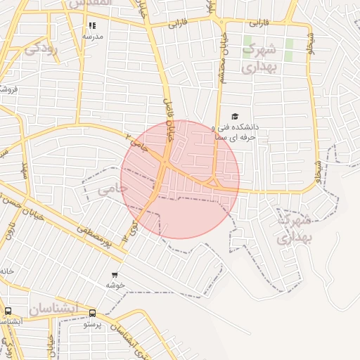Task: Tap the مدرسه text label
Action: pyautogui.click(x=93, y=36)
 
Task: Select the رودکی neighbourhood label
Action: pyautogui.click(x=41, y=49)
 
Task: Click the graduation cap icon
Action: pyautogui.click(x=234, y=117)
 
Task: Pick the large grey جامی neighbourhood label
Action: pyautogui.click(x=112, y=188)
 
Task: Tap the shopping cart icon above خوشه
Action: pyautogui.click(x=115, y=275)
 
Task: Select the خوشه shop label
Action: pyautogui.click(x=115, y=285)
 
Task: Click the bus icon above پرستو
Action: pyautogui.click(x=92, y=314)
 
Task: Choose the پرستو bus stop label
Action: pyautogui.click(x=93, y=324)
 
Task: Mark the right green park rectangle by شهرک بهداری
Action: pyautogui.click(x=289, y=49)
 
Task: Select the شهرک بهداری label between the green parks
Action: pyautogui.click(x=261, y=58)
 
